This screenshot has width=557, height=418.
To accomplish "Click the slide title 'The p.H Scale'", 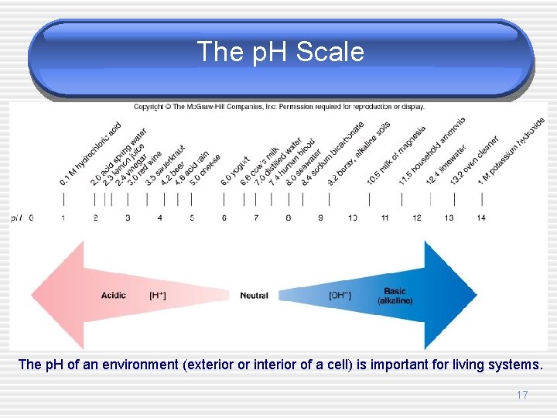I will (x=279, y=52).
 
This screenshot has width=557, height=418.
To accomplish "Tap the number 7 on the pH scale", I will (x=256, y=218).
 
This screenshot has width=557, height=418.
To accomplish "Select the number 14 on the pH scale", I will (x=481, y=218).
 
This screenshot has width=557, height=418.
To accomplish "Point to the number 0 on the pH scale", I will (x=31, y=218).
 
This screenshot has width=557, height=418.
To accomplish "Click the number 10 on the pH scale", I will (x=353, y=218).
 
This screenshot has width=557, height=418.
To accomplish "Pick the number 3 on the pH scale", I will (x=128, y=218).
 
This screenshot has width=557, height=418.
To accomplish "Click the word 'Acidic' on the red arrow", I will (x=114, y=296).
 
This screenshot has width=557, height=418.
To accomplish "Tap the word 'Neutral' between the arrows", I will (x=254, y=296).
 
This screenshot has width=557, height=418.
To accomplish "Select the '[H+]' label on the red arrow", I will (x=157, y=296).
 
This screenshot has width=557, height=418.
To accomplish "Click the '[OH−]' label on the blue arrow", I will (x=340, y=296).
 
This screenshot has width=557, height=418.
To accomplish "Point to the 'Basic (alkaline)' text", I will (x=395, y=296).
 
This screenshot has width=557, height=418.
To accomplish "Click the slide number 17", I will (x=522, y=396).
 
